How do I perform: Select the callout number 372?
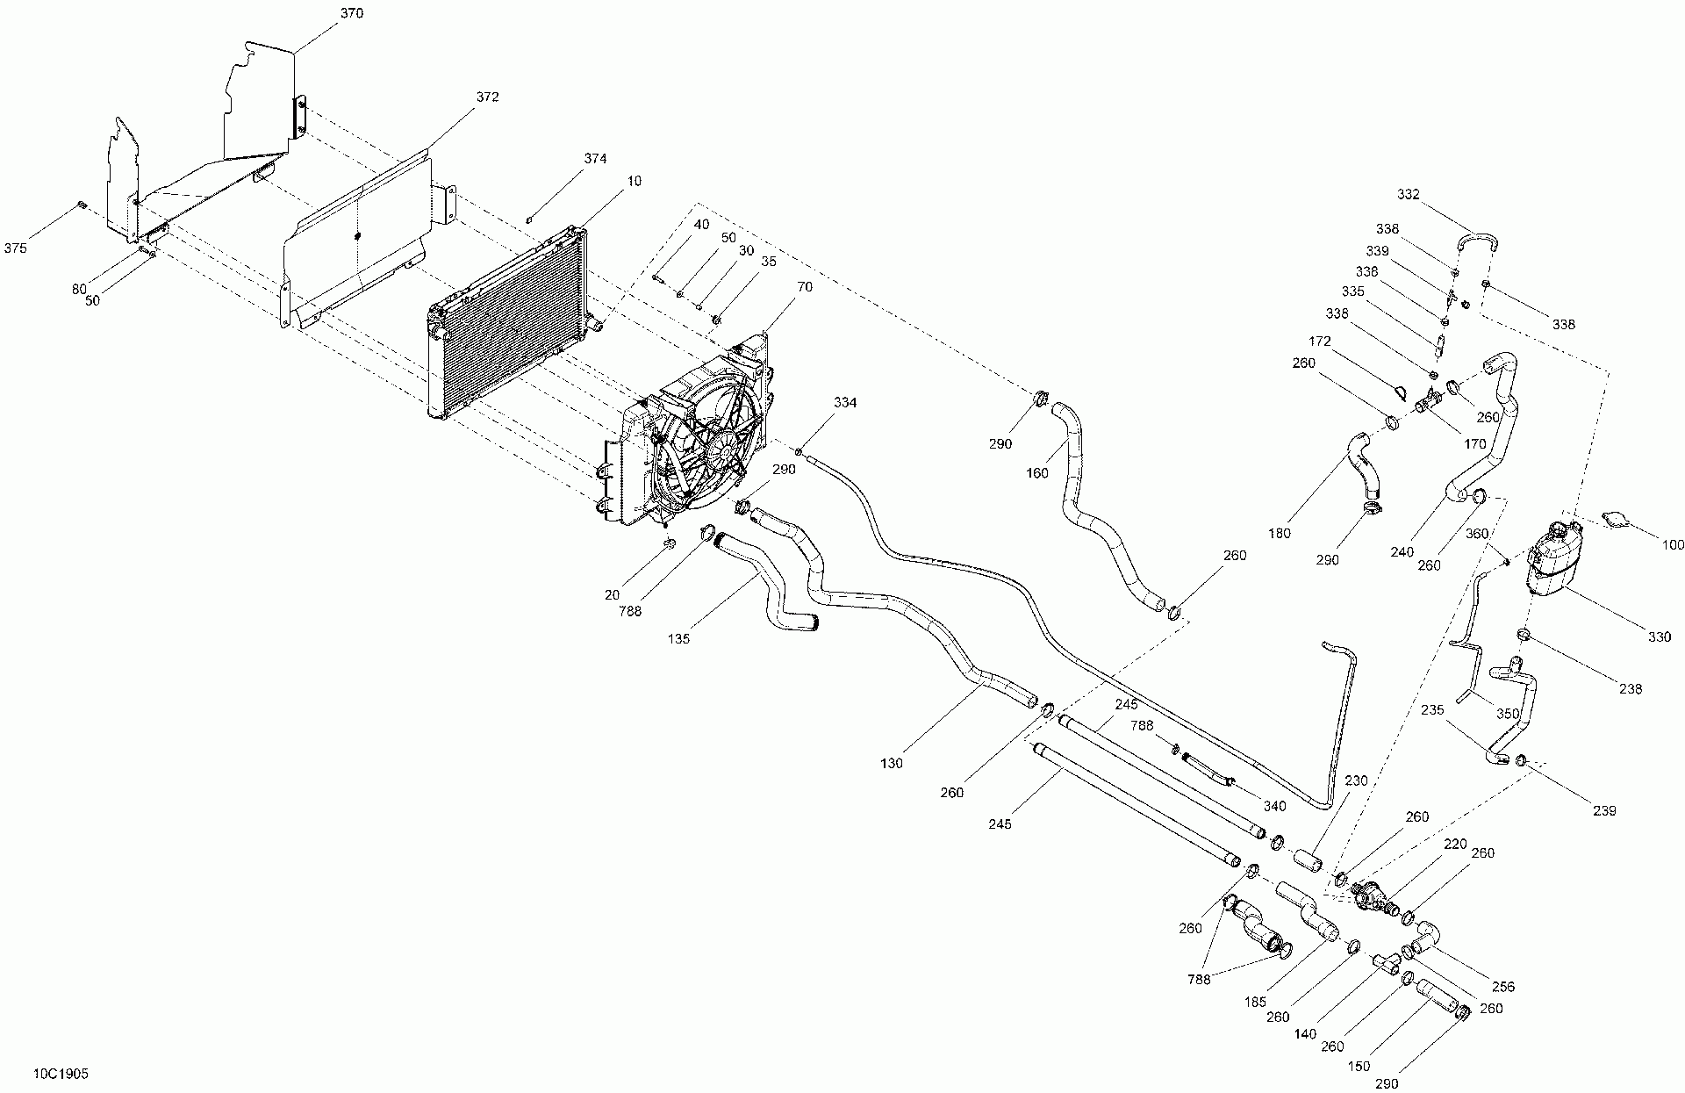[487, 97]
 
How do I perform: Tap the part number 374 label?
[595, 159]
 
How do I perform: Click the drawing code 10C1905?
[61, 1074]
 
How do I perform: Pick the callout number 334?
[845, 403]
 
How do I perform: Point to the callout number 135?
[678, 638]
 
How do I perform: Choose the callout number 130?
[891, 763]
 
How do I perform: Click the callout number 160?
[1037, 474]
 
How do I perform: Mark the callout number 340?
[1274, 806]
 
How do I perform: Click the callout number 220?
[1455, 845]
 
